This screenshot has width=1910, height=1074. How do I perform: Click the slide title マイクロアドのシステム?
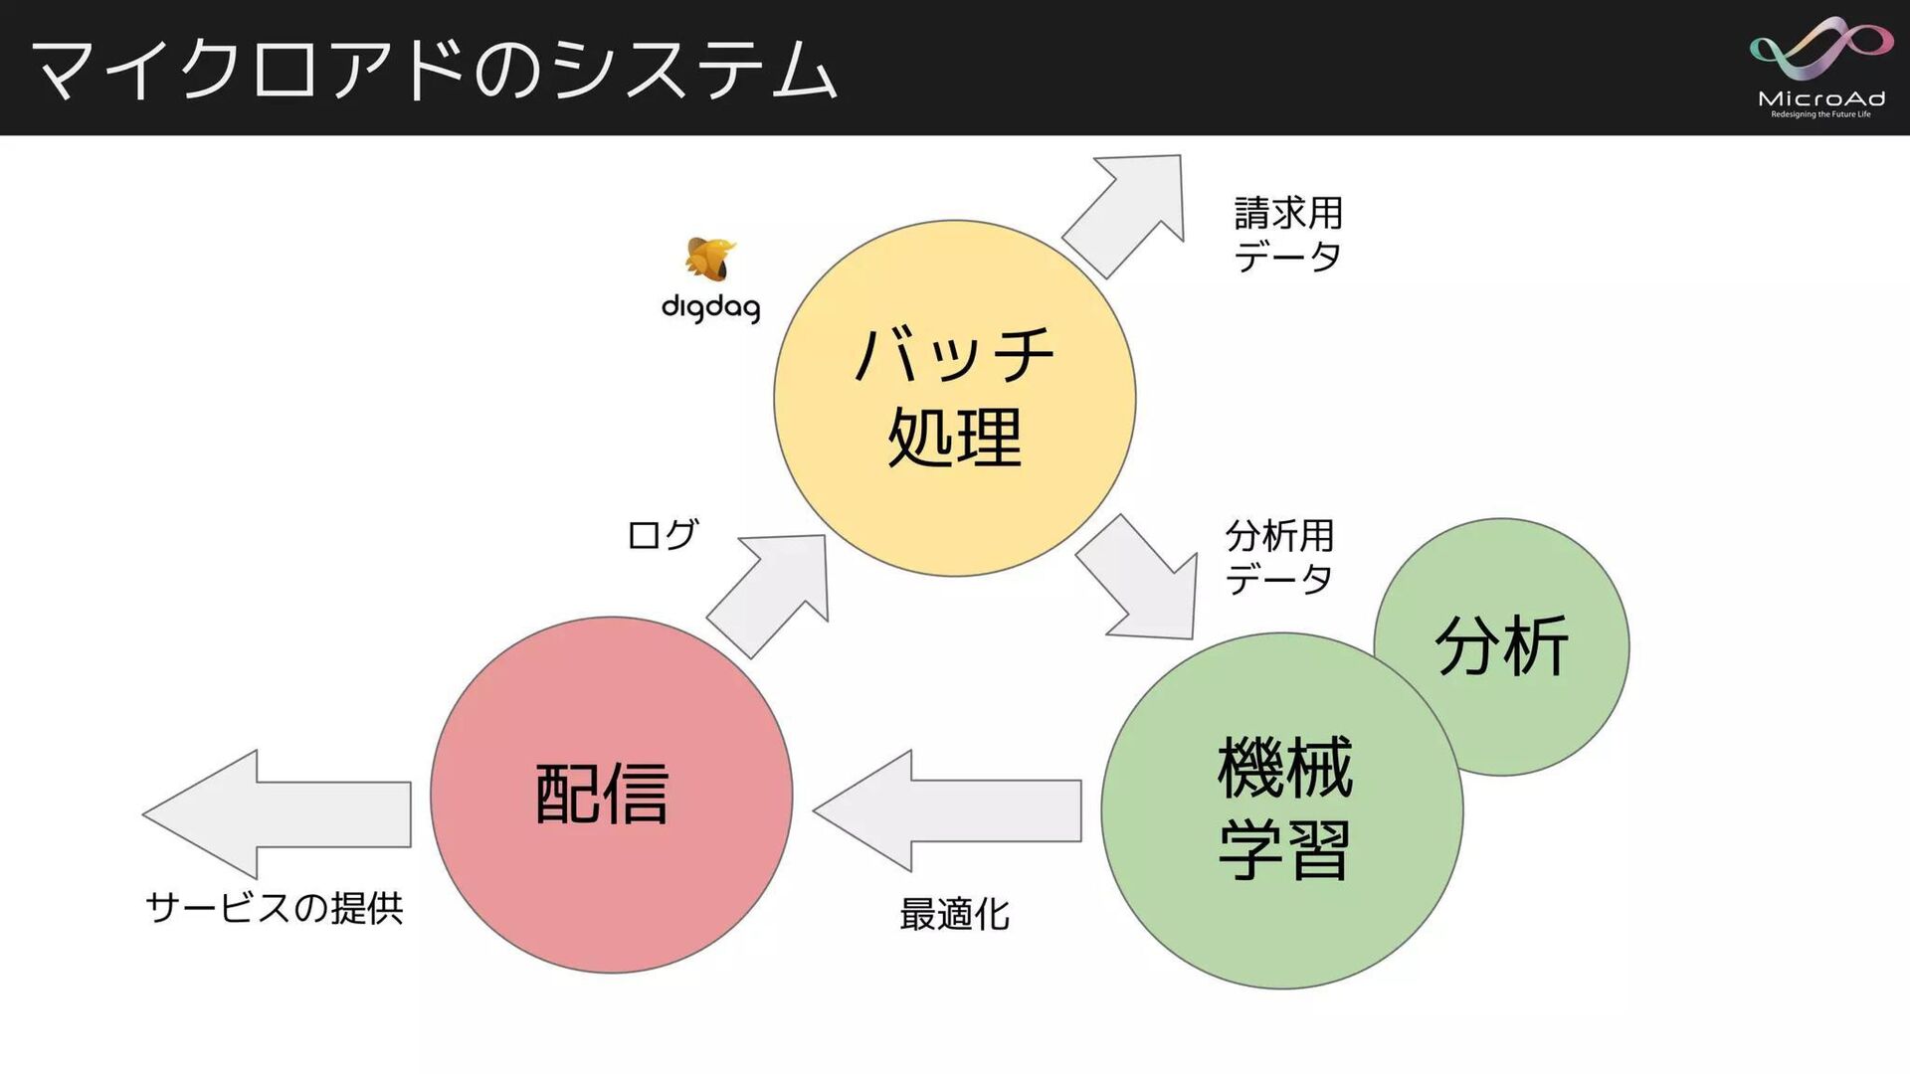pyautogui.click(x=434, y=70)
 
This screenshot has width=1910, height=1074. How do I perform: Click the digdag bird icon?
pyautogui.click(x=709, y=259)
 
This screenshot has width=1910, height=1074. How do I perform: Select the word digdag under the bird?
pyautogui.click(x=710, y=307)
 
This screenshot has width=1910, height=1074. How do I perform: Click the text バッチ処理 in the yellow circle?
pyautogui.click(x=954, y=397)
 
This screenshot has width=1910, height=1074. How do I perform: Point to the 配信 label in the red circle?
pyautogui.click(x=602, y=794)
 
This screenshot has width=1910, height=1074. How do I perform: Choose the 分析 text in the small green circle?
pyautogui.click(x=1501, y=646)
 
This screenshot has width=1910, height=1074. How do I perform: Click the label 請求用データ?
pyautogui.click(x=1288, y=235)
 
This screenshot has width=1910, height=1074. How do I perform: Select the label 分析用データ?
pyautogui.click(x=1279, y=557)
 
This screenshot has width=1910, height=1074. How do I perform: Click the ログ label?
pyautogui.click(x=663, y=535)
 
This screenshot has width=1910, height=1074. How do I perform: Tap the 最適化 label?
pyautogui.click(x=954, y=914)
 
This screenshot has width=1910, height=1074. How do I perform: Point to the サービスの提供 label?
pyautogui.click(x=275, y=908)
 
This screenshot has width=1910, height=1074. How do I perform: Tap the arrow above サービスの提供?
pyautogui.click(x=278, y=813)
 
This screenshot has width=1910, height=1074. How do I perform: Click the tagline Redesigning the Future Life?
pyautogui.click(x=1820, y=114)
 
